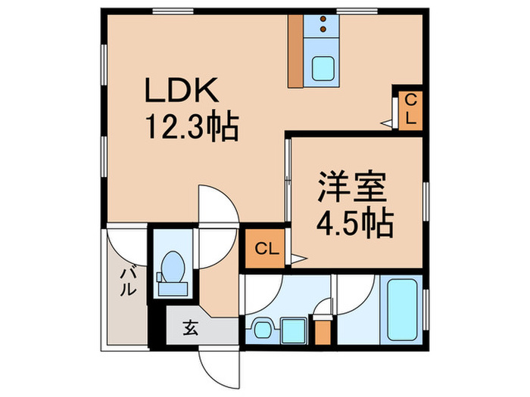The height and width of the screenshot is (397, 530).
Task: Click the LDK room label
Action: [182, 94]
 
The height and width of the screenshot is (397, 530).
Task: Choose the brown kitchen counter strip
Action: [296, 50]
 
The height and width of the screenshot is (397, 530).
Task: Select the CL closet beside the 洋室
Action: [264, 247]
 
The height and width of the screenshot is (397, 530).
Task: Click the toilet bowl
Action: [173, 268]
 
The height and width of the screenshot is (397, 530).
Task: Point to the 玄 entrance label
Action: [189, 328]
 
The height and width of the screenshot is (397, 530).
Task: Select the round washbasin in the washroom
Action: [262, 329]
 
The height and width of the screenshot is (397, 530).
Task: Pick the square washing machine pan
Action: [291, 329]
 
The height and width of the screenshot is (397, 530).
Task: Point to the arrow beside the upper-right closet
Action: [388, 121]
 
